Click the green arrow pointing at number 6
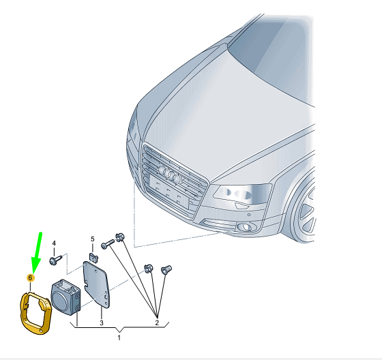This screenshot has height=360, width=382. [38, 253]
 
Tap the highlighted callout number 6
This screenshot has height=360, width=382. [30, 277]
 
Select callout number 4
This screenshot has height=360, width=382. [54, 243]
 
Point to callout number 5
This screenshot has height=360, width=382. [93, 239]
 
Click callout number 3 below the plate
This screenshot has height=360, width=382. [102, 323]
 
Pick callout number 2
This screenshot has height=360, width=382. [157, 323]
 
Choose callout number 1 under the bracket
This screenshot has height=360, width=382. [119, 337]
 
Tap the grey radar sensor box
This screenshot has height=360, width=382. [65, 297]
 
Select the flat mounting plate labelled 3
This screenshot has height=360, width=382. [96, 284]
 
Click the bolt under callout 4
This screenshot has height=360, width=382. [56, 260]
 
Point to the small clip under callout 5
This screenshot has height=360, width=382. [93, 258]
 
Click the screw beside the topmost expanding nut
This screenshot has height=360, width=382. [108, 244]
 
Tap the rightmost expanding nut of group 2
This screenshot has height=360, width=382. [166, 270]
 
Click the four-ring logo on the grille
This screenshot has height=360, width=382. [170, 174]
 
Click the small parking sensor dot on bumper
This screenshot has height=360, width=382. [249, 215]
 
